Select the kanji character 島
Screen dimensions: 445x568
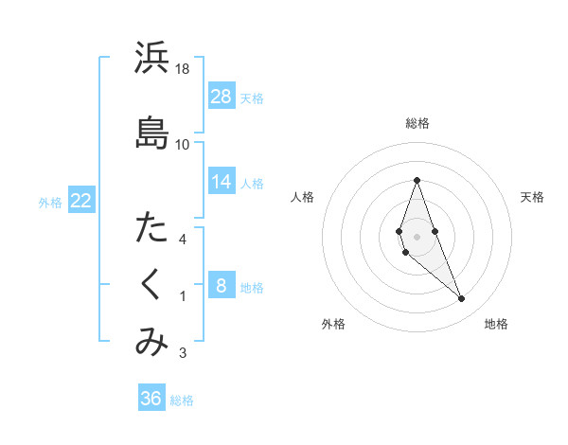[x=151, y=133]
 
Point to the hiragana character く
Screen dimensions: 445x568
[x=151, y=284]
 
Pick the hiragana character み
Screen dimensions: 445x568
[x=151, y=342]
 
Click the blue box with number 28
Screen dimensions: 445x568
[x=222, y=96]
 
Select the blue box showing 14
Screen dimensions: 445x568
[x=222, y=182]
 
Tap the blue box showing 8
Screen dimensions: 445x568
[x=222, y=286]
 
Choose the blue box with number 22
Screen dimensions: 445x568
[x=81, y=200]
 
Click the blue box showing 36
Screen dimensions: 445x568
[x=151, y=399]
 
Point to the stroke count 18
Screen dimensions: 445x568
[x=183, y=69]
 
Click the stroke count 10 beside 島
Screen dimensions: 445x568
[x=183, y=144]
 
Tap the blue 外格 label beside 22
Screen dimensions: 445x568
[x=50, y=201]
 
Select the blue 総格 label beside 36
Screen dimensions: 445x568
[x=183, y=400]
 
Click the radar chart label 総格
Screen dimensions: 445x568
[x=417, y=123]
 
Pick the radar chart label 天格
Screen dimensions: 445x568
[x=532, y=197]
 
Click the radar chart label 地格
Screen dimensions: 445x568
[x=496, y=325]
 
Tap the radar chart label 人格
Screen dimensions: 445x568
[x=302, y=197]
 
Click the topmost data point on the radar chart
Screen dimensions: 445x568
[x=417, y=180]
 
